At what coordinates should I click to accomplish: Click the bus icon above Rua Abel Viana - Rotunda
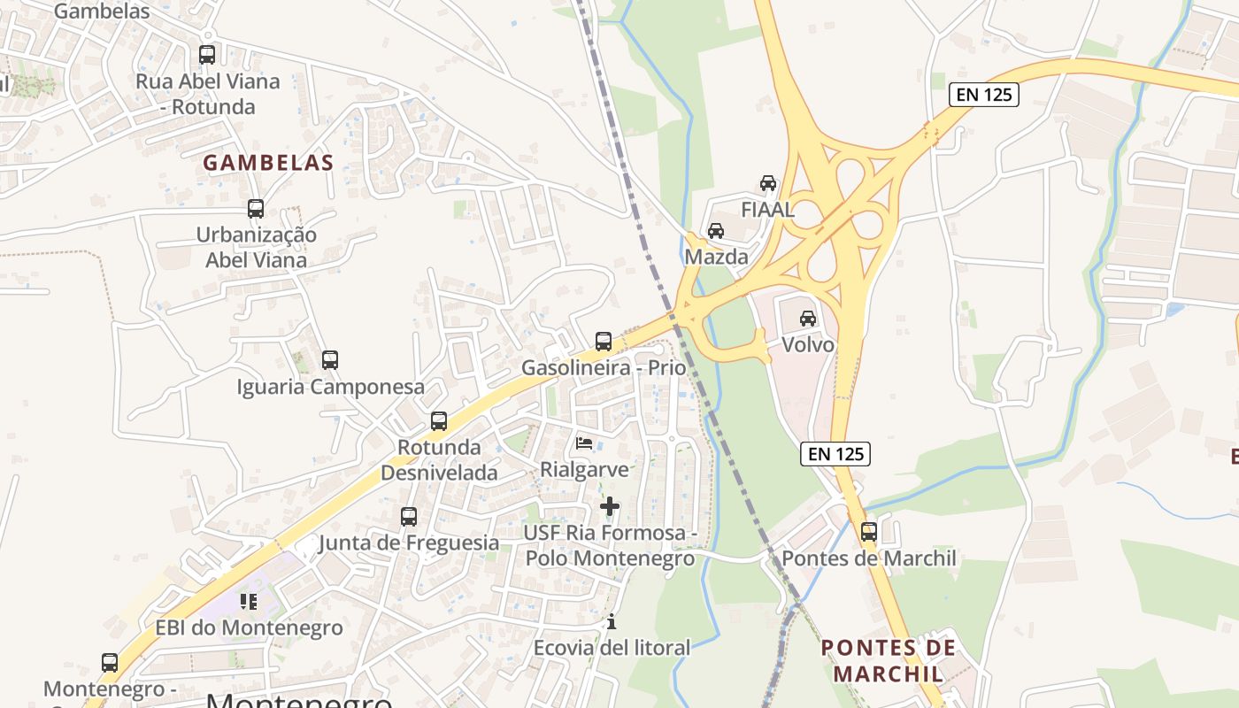[x=207, y=55]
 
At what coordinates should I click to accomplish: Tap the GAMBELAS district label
[x=268, y=163]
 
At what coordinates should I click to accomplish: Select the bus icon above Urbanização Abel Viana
[x=256, y=209]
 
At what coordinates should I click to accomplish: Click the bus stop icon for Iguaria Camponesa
[x=330, y=360]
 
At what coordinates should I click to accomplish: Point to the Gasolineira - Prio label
[x=604, y=367]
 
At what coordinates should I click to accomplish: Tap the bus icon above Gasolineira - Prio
[x=604, y=341]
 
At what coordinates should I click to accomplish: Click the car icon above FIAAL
[x=768, y=183]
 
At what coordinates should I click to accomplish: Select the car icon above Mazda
[x=716, y=231]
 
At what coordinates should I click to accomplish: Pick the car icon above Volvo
[x=808, y=318]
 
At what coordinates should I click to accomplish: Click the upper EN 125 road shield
[x=984, y=95]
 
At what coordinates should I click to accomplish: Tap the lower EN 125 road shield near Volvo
[x=836, y=454]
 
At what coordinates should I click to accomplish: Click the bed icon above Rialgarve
[x=584, y=442]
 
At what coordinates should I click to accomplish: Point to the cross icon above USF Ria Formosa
[x=610, y=506]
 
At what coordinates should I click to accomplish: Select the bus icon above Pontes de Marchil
[x=869, y=532]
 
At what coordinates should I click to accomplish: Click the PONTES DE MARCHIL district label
[x=888, y=660]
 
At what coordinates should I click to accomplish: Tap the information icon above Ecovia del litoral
[x=611, y=622]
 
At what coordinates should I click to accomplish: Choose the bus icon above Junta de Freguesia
[x=409, y=516]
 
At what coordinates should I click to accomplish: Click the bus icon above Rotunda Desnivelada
[x=439, y=421]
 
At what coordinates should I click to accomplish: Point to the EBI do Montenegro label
[x=249, y=628]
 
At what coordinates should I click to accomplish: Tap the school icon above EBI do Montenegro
[x=249, y=602]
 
